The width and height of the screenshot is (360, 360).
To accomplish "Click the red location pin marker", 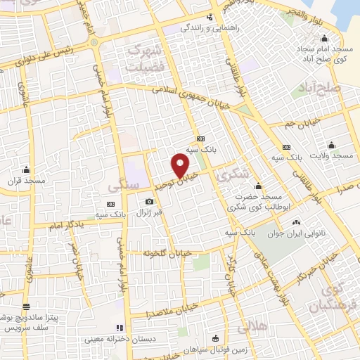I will pyautogui.click(x=181, y=165).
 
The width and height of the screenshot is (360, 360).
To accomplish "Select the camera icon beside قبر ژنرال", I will pyautogui.click(x=149, y=202).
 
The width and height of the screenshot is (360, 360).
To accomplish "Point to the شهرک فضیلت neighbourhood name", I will pyautogui.click(x=146, y=56).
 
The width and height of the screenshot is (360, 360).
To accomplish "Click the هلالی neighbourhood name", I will pyautogui.click(x=253, y=327).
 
